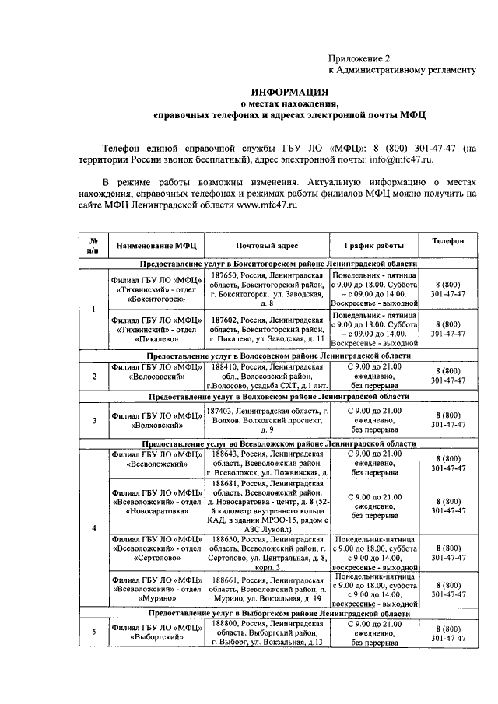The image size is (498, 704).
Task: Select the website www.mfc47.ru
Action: (262, 204)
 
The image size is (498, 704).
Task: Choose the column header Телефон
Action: (447, 242)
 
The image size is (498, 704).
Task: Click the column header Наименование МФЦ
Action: (156, 246)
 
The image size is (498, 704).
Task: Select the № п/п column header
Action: (93, 246)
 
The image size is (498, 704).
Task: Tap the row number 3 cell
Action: (93, 421)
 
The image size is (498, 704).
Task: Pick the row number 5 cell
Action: (93, 632)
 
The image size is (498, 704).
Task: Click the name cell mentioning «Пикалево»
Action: (156, 329)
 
